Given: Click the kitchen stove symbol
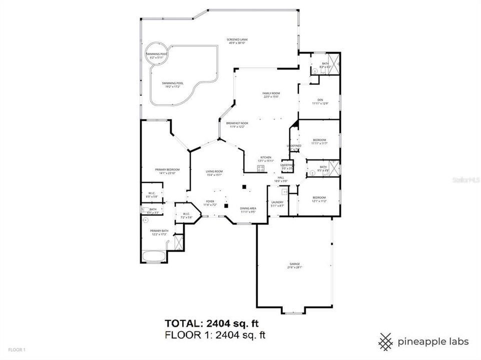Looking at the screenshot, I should (x=261, y=168).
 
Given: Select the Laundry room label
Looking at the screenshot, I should (x=277, y=203).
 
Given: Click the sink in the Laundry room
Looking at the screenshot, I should (x=285, y=191).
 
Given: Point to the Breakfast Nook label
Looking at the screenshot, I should (x=237, y=124).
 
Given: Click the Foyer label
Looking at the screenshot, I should (x=210, y=202).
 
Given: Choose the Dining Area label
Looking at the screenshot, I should (x=248, y=209).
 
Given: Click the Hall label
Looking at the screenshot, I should (x=281, y=178).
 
